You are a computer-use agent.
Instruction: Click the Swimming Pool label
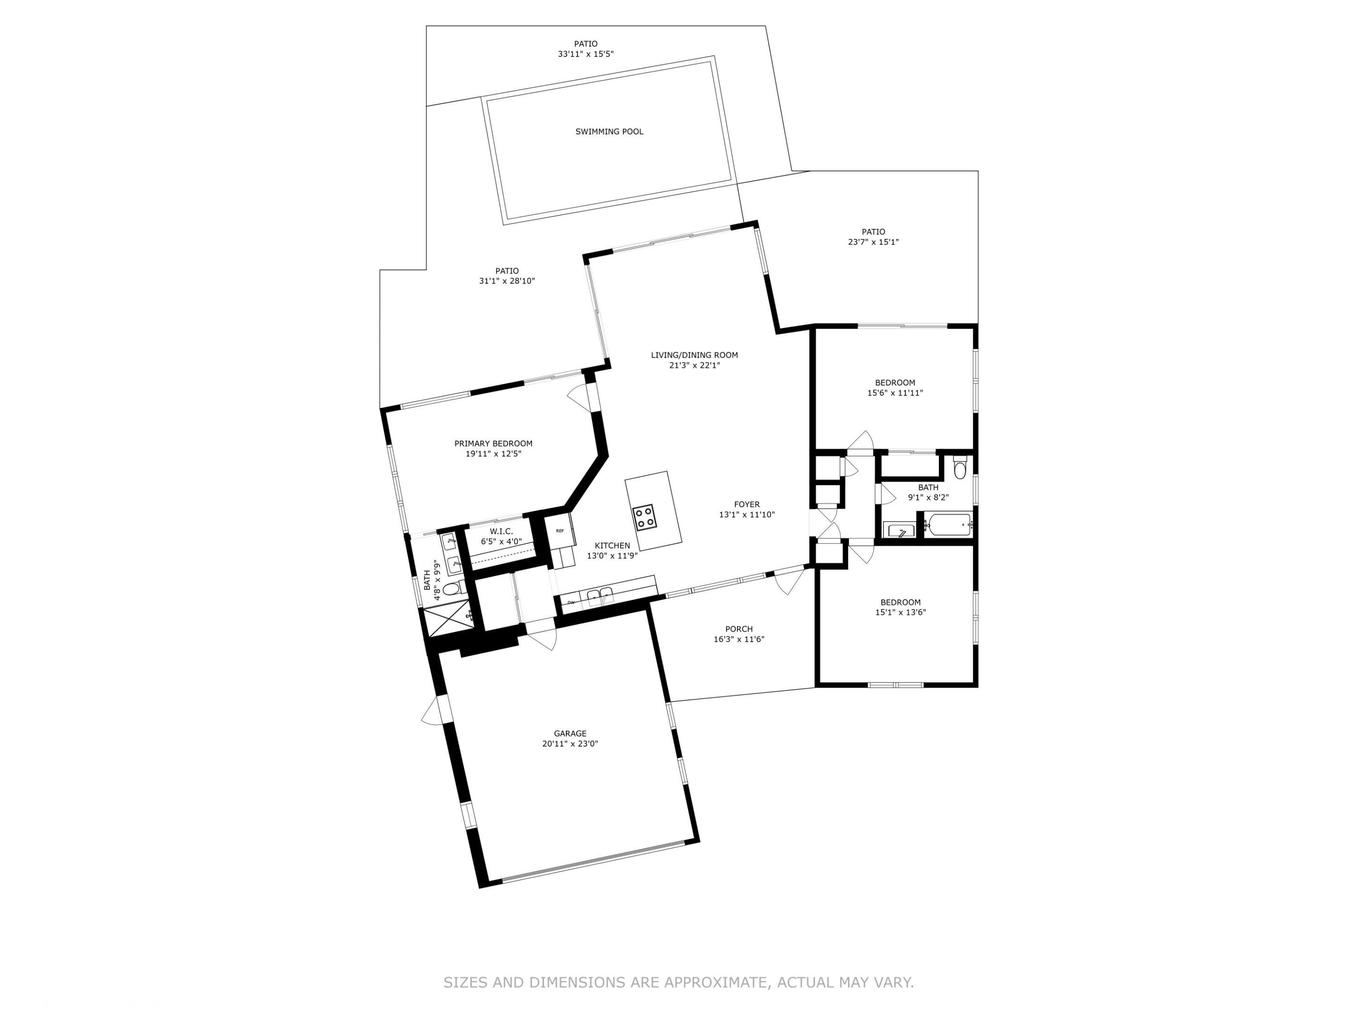(609, 131)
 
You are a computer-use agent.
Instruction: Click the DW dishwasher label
(571, 603)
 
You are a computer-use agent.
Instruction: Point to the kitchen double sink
(600, 595)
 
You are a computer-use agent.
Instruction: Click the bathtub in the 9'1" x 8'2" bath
(949, 525)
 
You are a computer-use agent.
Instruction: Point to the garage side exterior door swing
(431, 712)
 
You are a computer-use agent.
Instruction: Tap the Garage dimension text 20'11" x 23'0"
(570, 744)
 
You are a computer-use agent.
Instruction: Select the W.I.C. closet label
(501, 532)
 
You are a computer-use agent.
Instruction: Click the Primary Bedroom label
(493, 443)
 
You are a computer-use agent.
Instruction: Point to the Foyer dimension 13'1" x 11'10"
(746, 515)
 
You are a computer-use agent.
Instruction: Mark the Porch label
(738, 629)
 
